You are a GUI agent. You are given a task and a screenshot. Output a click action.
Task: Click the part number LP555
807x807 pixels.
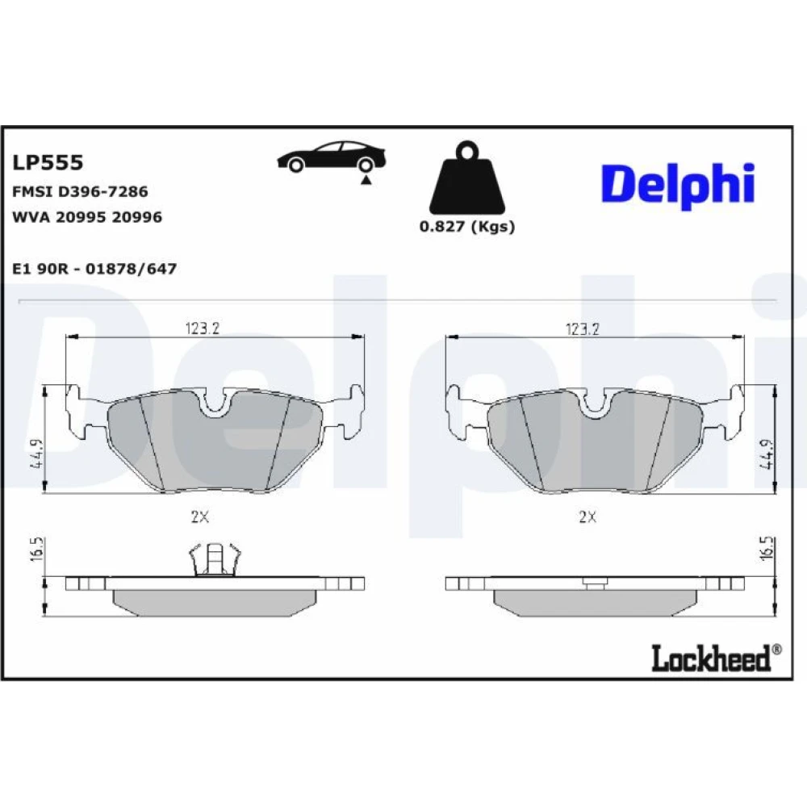coord(48,163)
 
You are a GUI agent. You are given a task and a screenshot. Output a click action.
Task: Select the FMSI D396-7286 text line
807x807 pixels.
coord(80,192)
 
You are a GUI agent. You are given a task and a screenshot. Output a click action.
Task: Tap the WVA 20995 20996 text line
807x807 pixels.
coord(87,217)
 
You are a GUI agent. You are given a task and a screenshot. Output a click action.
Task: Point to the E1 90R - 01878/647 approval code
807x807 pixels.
coord(94,269)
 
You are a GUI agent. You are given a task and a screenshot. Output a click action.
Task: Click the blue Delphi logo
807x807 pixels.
coord(678,186)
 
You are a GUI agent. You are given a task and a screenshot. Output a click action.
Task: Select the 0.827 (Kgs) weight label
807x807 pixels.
coord(466,227)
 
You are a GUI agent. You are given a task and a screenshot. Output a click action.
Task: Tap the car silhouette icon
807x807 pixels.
coord(332,157)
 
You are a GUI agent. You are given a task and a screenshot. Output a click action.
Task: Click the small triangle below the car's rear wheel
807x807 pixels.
coord(366,180)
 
